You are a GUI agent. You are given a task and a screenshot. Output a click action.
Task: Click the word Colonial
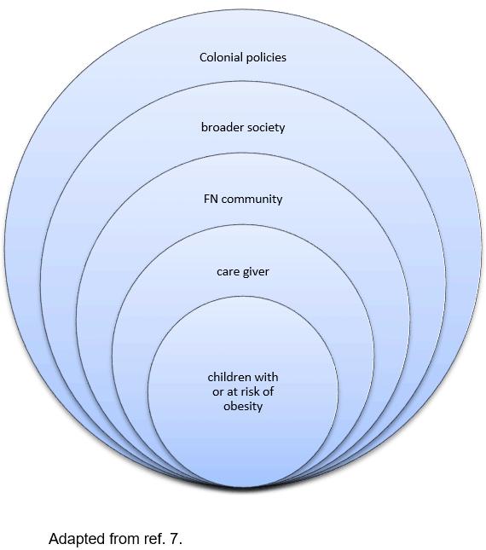(221, 57)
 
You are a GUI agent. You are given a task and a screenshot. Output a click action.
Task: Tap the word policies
(266, 58)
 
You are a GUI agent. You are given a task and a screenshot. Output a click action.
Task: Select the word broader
(223, 127)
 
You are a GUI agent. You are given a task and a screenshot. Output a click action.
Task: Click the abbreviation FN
(211, 199)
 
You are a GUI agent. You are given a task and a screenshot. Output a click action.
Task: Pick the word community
(252, 200)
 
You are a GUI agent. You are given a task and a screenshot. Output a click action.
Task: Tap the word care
(227, 272)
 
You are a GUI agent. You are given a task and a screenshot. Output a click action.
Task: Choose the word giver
(255, 272)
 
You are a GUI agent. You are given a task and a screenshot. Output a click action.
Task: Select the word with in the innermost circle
(267, 377)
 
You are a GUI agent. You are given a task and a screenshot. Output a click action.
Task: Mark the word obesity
(243, 407)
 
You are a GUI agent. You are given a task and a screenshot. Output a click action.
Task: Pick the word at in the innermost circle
(231, 391)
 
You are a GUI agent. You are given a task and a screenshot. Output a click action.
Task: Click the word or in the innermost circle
(217, 392)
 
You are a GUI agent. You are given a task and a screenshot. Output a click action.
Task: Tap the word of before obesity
(269, 391)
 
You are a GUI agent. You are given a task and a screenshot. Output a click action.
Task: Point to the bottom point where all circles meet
(243, 487)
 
